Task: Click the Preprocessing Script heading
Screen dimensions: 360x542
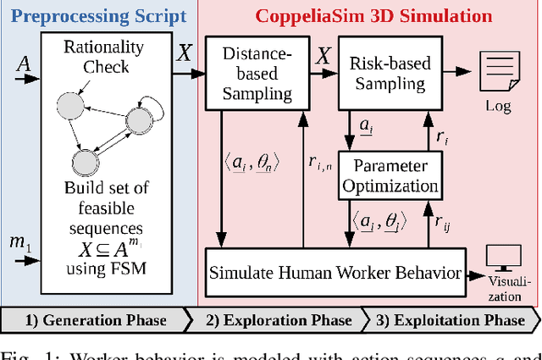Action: point(98,16)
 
